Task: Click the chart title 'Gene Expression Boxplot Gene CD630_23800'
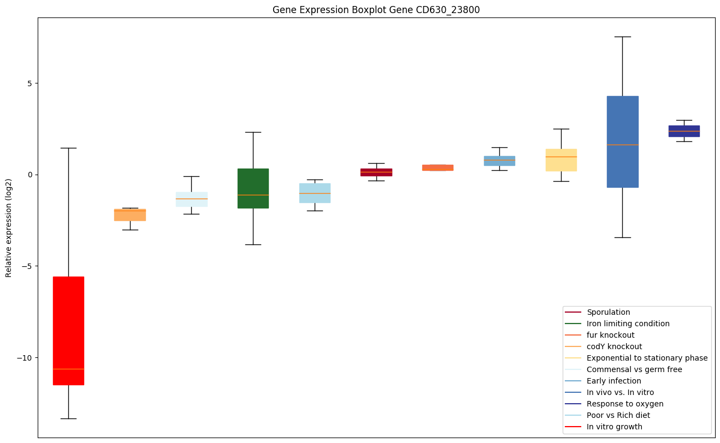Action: [376, 10]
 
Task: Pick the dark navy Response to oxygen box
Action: [684, 131]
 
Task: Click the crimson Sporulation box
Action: [376, 172]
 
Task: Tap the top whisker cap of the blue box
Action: [622, 37]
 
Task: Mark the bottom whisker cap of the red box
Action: [68, 418]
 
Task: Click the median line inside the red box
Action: [68, 369]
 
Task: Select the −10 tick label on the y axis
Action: [26, 358]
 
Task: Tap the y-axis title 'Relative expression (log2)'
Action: [9, 227]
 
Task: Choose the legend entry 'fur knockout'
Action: [610, 335]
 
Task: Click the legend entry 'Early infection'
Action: [613, 381]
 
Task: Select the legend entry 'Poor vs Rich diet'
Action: [618, 415]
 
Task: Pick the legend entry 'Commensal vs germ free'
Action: [627, 369]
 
